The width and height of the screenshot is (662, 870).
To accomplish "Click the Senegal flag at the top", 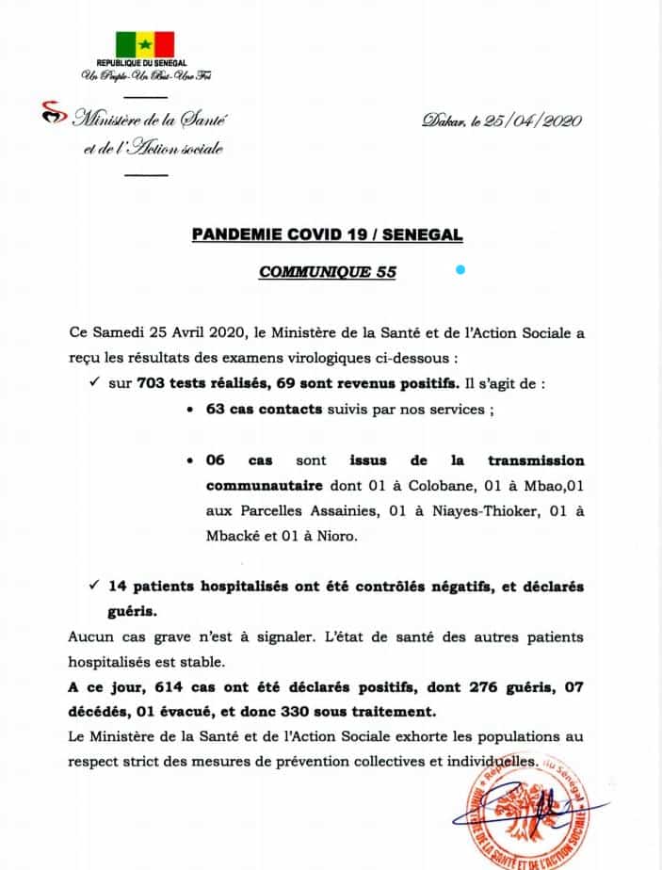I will [145, 44].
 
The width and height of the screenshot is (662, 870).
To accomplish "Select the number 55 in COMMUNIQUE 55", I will [385, 272].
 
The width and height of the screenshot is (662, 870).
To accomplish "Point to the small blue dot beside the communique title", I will [460, 270].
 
